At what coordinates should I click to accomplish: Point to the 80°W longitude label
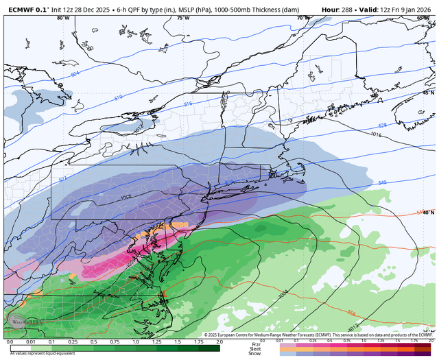tap(63, 18)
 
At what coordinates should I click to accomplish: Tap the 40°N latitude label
tap(429, 213)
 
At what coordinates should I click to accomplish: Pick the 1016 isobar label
tap(375, 134)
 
